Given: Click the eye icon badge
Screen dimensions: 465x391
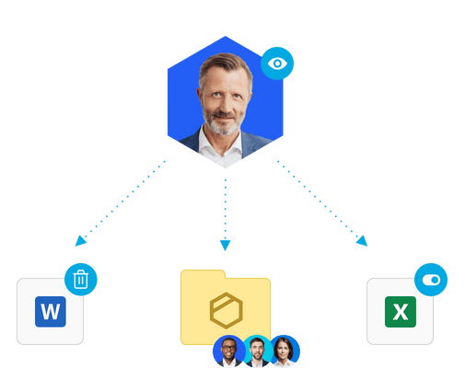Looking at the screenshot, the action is [277, 63].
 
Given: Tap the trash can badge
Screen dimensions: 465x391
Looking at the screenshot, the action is [81, 280].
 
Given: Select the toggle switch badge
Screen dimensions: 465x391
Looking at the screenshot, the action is [431, 280].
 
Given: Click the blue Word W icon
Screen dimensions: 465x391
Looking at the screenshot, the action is [51, 312].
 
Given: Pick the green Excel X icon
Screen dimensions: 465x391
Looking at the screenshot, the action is [401, 312].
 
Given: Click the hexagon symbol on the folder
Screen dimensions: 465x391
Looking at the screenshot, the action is [227, 310].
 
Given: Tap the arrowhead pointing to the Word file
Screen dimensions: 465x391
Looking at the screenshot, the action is [80, 241].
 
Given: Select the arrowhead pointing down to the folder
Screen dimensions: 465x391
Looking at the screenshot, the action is [225, 246].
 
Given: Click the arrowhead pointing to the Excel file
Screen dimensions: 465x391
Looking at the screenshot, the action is [362, 241].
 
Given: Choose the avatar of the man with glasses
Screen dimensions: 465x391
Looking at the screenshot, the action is [229, 351].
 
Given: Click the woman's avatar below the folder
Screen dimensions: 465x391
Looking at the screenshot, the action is [285, 351].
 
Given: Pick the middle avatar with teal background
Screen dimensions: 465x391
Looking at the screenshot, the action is [257, 351].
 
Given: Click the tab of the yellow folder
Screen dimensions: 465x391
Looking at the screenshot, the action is [203, 274].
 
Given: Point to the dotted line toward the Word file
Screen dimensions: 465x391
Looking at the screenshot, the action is [123, 199].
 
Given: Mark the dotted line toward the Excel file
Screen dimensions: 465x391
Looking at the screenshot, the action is [318, 199].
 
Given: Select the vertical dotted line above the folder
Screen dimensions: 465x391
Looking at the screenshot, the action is [226, 210].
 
